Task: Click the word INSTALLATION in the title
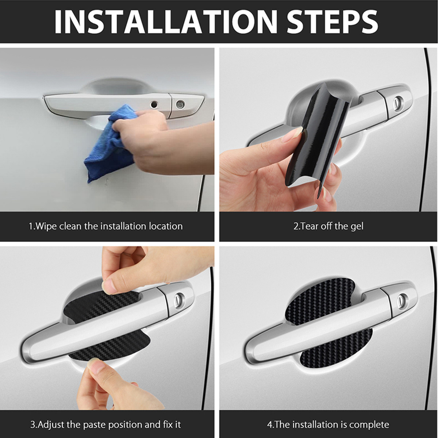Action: (166, 22)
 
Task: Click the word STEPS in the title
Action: (332, 22)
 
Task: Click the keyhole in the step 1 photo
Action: (180, 104)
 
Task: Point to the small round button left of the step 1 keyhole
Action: (154, 105)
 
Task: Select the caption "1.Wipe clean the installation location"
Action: (105, 226)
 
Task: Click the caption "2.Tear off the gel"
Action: (328, 226)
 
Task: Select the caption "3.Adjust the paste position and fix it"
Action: (105, 425)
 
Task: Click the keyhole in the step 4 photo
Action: (401, 299)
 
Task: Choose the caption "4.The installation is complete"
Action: (328, 425)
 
